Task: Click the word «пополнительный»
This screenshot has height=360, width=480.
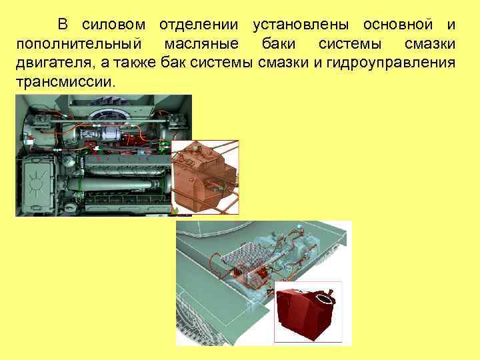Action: [78, 45]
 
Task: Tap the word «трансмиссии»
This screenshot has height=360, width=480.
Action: [65, 82]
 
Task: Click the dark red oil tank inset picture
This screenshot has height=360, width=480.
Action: [308, 313]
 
